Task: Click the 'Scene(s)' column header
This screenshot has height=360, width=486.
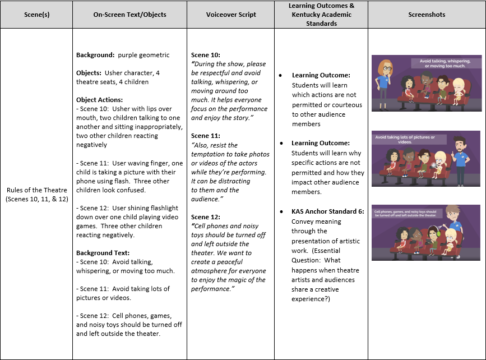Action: (36, 15)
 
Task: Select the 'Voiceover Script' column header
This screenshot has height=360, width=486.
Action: (230, 15)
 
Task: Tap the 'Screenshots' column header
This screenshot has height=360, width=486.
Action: (426, 15)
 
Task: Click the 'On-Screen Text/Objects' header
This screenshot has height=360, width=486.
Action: (129, 15)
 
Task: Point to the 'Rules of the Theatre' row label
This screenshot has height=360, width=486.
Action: (36, 194)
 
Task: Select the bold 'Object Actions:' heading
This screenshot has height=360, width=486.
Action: (99, 100)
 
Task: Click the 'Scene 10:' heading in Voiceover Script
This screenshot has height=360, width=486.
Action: (207, 55)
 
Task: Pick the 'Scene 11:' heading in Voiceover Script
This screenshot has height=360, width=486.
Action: (207, 136)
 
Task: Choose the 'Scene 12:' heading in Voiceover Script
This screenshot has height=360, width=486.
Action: (207, 216)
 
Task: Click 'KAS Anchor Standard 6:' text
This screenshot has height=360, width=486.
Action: (328, 211)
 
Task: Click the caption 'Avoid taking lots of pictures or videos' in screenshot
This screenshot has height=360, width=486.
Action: (405, 140)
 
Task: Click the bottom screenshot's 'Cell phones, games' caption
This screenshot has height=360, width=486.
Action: (410, 213)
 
